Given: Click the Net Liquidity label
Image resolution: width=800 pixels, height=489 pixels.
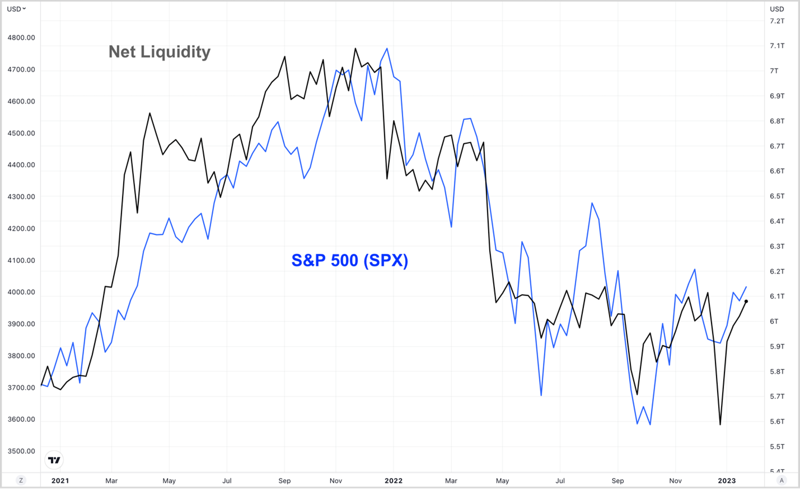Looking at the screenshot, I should pos(159,52).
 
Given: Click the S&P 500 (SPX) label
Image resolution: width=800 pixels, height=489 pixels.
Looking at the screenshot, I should pos(350,260).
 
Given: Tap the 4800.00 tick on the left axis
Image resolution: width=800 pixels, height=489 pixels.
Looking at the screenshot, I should pos(22,37).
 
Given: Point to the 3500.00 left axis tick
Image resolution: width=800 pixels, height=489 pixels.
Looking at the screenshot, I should pos(22,451).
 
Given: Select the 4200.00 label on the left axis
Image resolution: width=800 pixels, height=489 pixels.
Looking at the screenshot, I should pos(22,229).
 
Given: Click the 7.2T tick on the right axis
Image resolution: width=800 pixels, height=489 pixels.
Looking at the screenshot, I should pos(777,21).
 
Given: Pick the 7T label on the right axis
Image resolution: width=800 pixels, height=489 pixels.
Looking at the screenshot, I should pos(774,71).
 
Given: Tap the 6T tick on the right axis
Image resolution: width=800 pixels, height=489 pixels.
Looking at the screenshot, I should pos(774,321).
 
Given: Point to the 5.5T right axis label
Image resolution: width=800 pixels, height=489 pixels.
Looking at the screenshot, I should pos(777,447).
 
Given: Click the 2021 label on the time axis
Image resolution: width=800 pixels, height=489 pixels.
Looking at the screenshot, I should pos(60,481).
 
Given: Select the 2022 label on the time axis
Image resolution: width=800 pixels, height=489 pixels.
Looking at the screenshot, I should pos(394,481).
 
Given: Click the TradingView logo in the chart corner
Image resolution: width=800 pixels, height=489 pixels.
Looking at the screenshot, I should pos(54,460).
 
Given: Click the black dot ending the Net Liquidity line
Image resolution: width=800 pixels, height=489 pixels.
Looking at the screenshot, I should pos(746,301).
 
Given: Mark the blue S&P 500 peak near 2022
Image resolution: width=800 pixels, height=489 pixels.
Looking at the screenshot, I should pos(387,49).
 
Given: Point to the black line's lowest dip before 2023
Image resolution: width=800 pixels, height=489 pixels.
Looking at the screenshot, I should pos(720,424).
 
